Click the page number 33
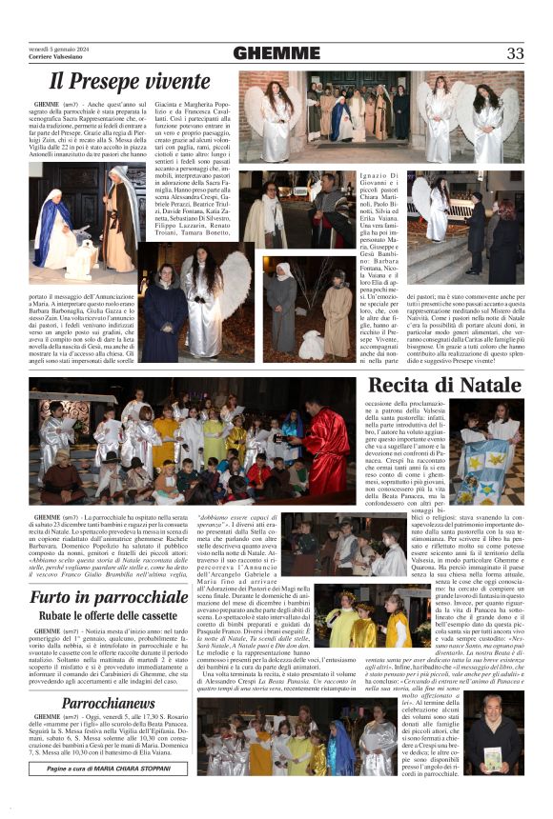click(515, 53)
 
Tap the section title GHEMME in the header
click(276, 53)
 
